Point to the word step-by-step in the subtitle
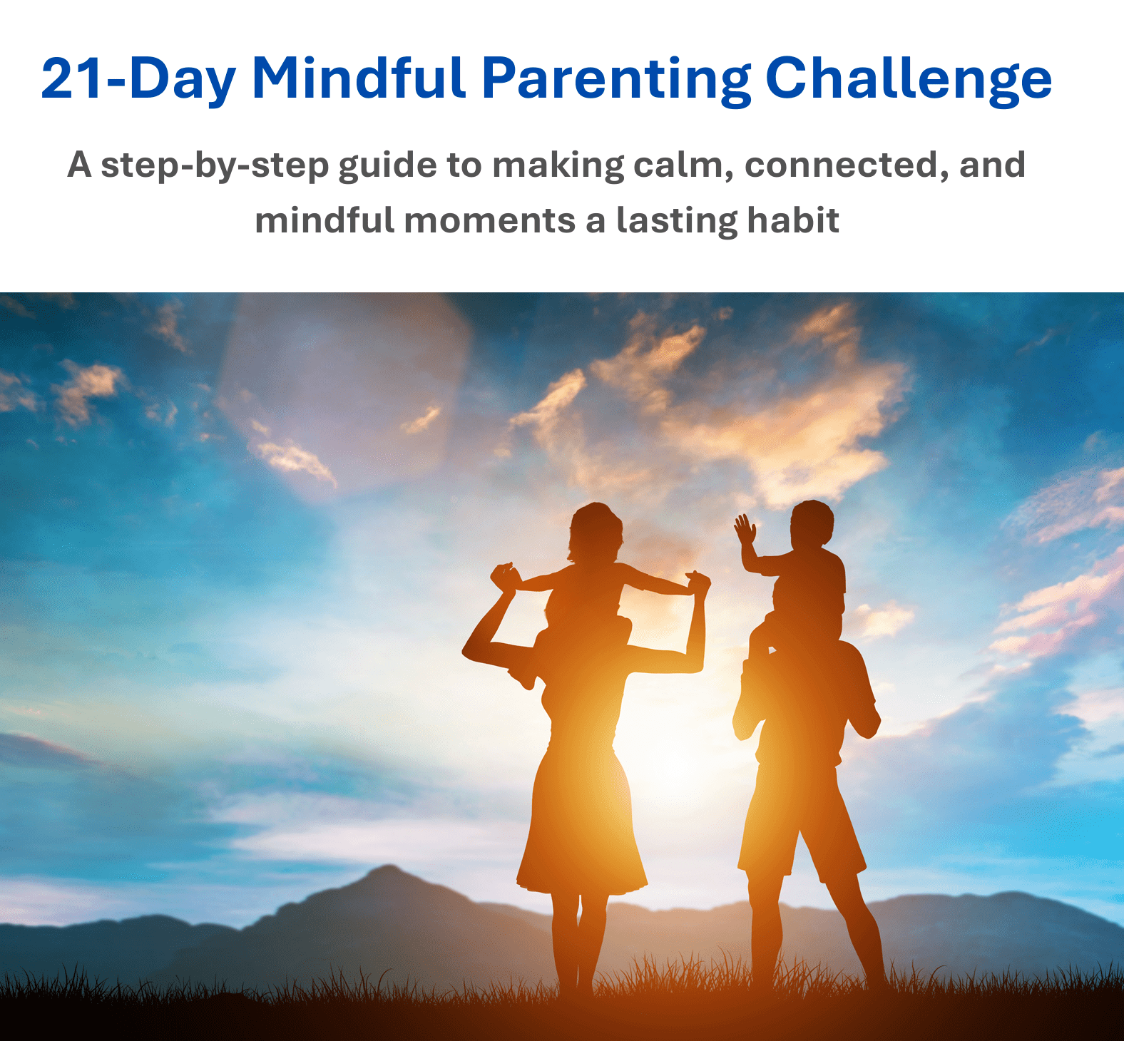214,166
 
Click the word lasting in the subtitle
677,221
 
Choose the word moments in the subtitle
489,221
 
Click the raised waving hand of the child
745,529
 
